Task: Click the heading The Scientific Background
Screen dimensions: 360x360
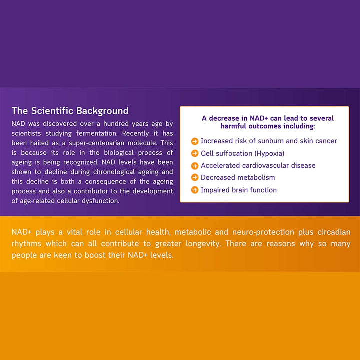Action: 70,111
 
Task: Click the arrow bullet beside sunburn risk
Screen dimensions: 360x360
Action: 195,141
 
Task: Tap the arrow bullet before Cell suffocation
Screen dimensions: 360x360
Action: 195,153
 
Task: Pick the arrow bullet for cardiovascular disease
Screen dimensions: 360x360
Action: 195,165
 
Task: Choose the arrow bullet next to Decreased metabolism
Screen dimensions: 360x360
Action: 195,177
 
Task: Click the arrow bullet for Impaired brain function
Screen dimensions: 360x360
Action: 195,190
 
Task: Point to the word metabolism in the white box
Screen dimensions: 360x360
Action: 257,177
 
